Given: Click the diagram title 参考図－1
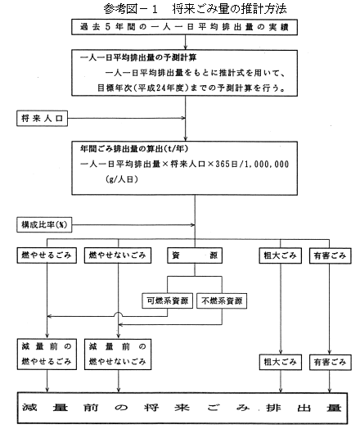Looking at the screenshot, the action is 131,9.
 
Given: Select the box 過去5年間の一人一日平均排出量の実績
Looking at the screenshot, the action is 184,27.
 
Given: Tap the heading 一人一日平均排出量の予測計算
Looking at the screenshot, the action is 138,58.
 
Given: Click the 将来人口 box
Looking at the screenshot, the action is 42,119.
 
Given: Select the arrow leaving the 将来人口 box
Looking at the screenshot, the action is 126,118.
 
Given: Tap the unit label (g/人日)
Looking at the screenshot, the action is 122,179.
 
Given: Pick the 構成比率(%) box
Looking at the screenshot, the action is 44,225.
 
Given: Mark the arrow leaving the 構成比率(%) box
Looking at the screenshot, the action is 133,225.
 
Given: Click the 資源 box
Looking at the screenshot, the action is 195,255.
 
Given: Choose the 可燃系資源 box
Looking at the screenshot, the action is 167,301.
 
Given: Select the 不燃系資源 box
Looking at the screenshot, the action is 222,301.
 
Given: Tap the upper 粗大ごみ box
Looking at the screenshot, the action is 280,255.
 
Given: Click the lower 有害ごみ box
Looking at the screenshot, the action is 330,362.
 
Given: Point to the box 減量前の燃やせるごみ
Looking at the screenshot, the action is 47,354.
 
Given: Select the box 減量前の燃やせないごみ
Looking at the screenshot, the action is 118,354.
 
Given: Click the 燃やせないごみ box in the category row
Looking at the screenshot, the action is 118,255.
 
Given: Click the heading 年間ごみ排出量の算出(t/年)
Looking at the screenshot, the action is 134,148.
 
